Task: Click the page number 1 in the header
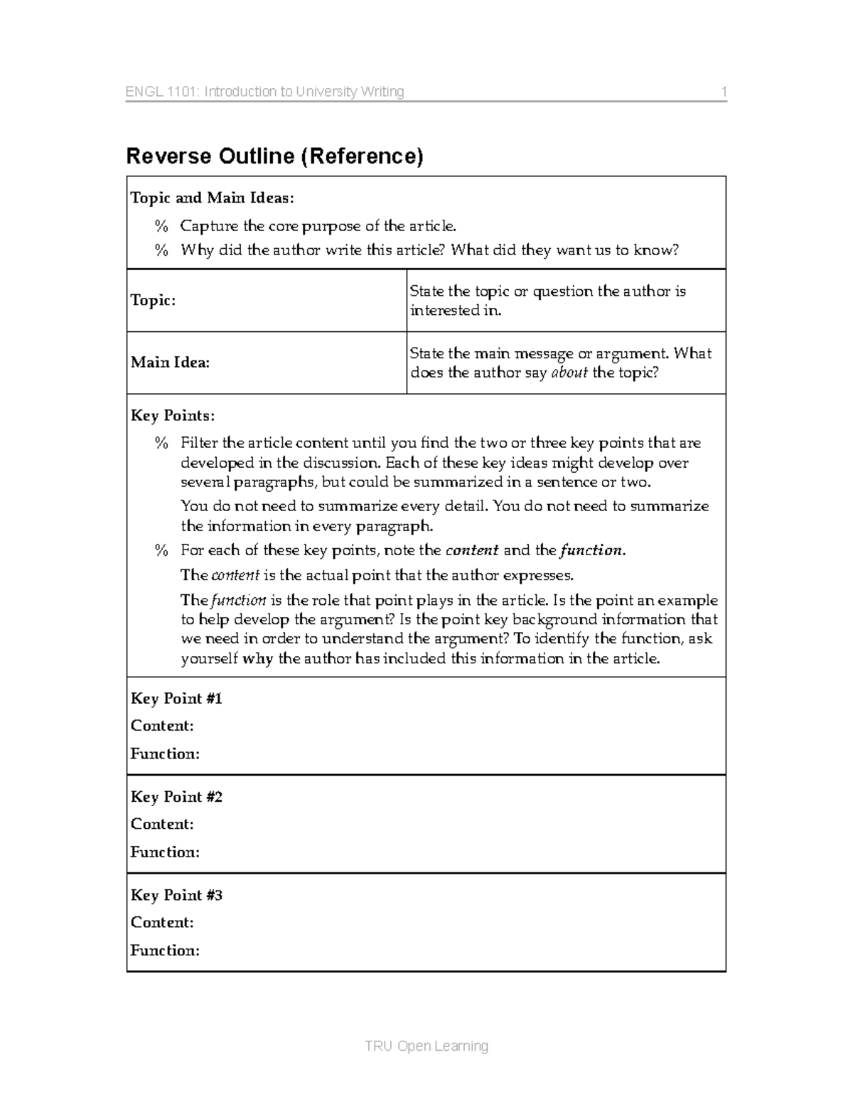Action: pos(724,92)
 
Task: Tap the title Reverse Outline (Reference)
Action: pos(274,156)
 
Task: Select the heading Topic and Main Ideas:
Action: pos(212,198)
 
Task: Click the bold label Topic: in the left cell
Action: pos(153,300)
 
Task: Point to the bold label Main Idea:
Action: pos(170,363)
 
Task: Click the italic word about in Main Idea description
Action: pos(569,373)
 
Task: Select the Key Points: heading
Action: pos(173,415)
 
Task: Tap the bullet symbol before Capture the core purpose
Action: pos(162,226)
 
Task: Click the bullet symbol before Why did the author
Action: pos(162,250)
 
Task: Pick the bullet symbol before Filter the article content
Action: pos(162,444)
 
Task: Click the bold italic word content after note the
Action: pos(471,550)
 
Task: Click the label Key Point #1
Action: pos(176,699)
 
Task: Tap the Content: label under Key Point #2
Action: pos(162,824)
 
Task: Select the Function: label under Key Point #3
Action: pos(165,950)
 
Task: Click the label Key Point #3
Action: pos(176,895)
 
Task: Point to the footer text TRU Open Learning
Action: pos(426,1046)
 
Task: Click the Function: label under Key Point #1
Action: pos(165,754)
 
